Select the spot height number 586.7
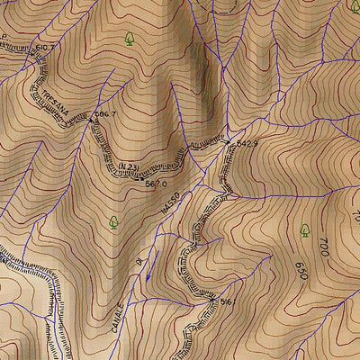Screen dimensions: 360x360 pyautogui.click(x=107, y=114)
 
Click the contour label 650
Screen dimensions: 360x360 pyautogui.click(x=301, y=270)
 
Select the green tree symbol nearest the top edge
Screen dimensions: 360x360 pyautogui.click(x=131, y=39)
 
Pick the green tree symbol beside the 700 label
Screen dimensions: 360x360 pyautogui.click(x=304, y=230)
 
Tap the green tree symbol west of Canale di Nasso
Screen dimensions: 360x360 pyautogui.click(x=113, y=221)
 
